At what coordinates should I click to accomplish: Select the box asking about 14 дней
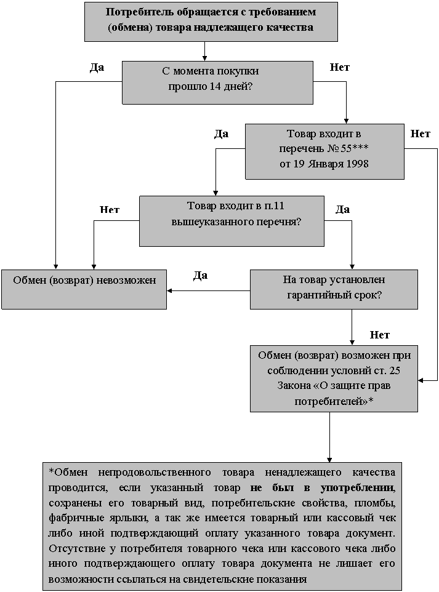[x=217, y=82]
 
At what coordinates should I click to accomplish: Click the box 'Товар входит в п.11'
[x=232, y=221]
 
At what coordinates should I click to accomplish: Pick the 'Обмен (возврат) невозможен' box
[x=84, y=289]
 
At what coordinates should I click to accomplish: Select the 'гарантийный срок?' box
[x=334, y=289]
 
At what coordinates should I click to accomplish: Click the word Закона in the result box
[x=293, y=385]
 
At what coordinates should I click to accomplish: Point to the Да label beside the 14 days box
[x=97, y=68]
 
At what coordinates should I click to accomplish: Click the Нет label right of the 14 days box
[x=340, y=67]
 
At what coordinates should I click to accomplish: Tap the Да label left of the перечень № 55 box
[x=222, y=134]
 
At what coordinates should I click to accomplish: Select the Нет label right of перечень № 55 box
[x=421, y=134]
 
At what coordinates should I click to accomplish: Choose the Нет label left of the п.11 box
[x=110, y=210]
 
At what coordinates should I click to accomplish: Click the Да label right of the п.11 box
[x=343, y=210]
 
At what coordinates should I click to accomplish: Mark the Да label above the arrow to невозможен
[x=200, y=276]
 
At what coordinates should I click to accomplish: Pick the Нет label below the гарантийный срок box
[x=380, y=335]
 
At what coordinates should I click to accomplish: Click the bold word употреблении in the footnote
[x=357, y=488]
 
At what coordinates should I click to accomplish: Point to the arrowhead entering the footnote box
[x=329, y=460]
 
